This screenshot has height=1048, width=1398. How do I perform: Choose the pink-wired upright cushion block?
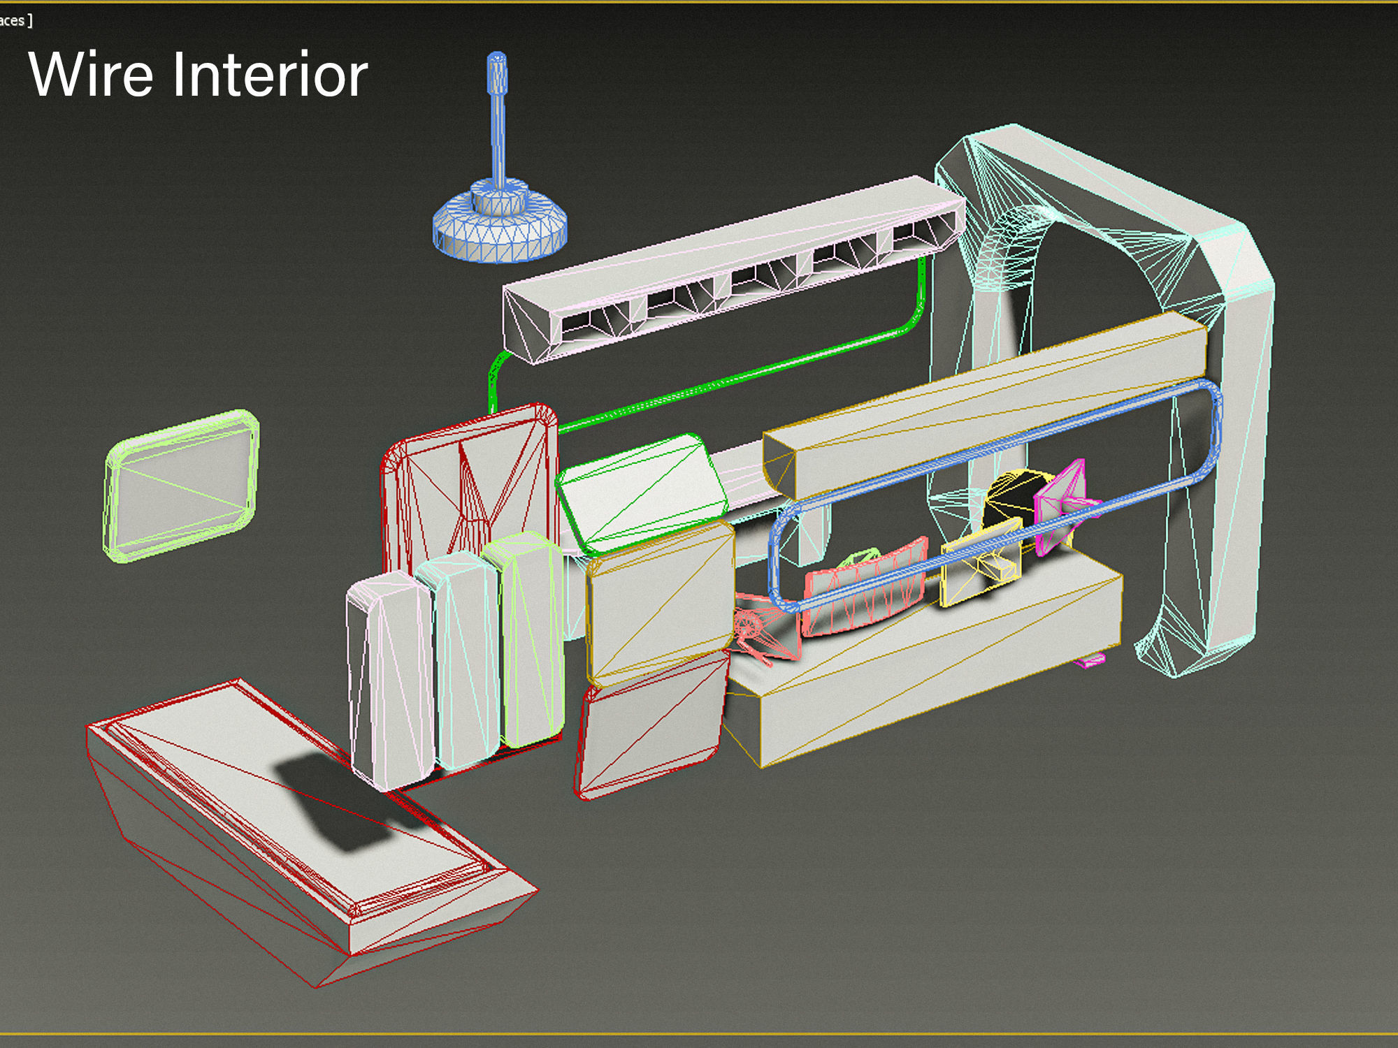[389, 678]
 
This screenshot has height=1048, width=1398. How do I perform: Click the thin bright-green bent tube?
[734, 377]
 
